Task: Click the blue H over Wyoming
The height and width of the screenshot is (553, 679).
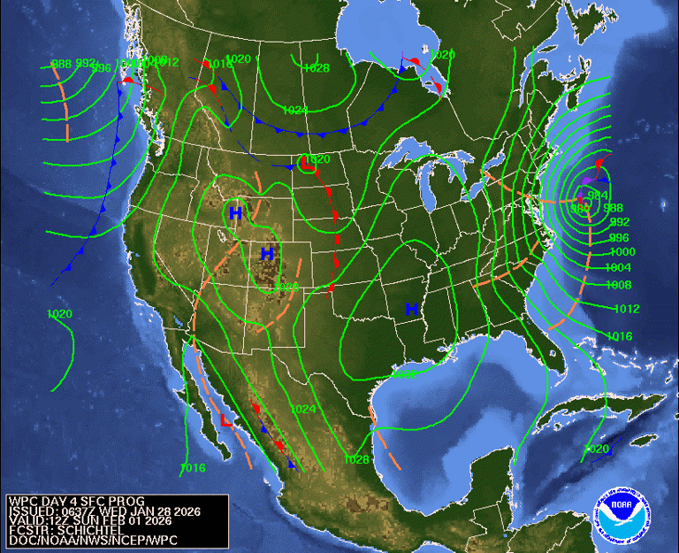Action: click(x=235, y=213)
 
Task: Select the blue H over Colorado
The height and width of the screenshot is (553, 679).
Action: click(x=266, y=254)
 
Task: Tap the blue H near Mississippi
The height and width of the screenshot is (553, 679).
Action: click(x=411, y=309)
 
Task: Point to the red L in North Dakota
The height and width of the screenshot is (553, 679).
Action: click(x=307, y=164)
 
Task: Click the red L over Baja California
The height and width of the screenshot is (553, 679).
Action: click(x=225, y=421)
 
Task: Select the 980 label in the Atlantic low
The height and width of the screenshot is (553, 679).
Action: click(x=580, y=209)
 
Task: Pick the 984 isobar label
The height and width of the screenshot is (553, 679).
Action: click(x=599, y=196)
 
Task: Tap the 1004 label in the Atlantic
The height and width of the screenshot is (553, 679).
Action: click(x=618, y=267)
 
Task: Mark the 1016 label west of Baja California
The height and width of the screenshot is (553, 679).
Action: click(x=192, y=468)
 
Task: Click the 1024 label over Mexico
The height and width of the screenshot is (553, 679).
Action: click(x=303, y=410)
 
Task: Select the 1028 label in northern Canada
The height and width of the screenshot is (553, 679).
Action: click(x=316, y=68)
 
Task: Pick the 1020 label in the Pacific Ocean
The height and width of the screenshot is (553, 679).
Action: click(x=60, y=314)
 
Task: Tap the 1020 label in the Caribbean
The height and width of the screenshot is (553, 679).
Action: click(x=597, y=449)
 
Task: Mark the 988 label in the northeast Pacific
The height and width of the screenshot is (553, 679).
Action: click(x=61, y=64)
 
